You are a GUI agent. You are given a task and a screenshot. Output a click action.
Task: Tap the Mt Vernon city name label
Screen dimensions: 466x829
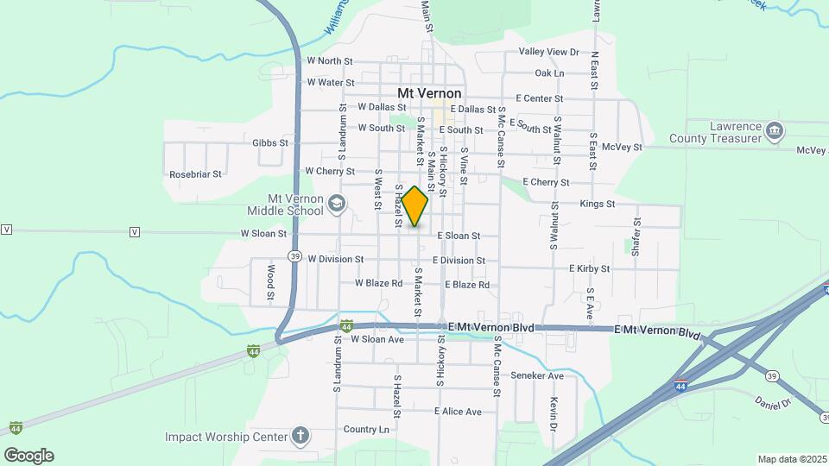[429, 93]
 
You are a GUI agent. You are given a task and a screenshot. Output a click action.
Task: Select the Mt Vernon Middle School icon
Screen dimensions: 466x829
[337, 204]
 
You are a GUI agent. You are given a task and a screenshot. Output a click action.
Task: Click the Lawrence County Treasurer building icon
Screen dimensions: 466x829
[775, 131]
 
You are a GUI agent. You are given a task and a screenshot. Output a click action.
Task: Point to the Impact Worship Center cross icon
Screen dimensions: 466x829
[300, 435]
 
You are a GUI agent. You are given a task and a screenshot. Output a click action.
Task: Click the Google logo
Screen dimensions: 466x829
[28, 455]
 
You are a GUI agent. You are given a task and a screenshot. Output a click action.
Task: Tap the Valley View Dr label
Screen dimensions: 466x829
[549, 52]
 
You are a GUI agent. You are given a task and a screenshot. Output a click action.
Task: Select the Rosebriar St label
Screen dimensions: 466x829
[196, 173]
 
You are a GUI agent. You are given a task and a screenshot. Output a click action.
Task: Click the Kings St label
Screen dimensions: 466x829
[598, 205]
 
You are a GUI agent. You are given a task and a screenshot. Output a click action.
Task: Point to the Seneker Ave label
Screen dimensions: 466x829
[537, 375]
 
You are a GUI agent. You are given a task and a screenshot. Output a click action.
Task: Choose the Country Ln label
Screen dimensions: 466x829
[366, 429]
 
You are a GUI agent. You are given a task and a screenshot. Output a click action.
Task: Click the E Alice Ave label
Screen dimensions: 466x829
[458, 412]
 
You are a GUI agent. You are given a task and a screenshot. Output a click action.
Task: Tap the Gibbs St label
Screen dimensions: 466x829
[270, 142]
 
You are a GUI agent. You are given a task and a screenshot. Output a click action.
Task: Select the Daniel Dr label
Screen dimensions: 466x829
[772, 402]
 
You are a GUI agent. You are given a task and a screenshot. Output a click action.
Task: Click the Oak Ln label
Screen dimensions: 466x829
[549, 73]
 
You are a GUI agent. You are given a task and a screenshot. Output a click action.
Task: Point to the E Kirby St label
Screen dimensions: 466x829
[589, 268]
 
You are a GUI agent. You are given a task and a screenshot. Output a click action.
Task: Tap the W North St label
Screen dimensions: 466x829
[330, 61]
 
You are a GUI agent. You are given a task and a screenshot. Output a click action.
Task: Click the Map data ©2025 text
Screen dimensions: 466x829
[791, 459]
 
